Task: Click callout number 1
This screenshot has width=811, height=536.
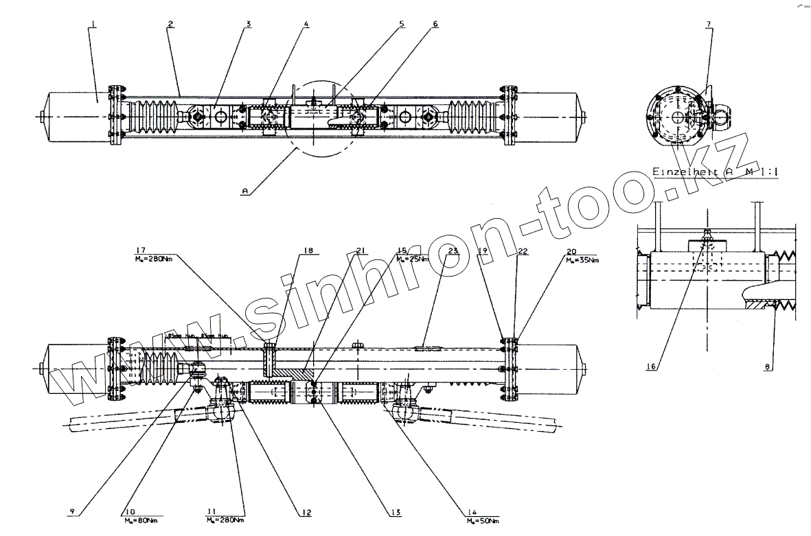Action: tap(92, 24)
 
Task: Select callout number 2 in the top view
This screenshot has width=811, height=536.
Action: tap(170, 24)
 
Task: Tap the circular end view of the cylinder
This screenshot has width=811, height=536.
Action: tap(678, 117)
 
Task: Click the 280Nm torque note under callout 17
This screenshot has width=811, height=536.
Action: tap(153, 260)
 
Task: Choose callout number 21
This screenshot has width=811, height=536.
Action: tap(359, 250)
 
